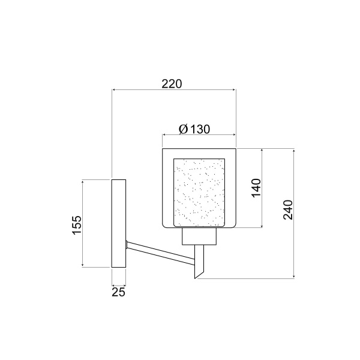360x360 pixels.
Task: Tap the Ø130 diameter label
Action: click(194, 129)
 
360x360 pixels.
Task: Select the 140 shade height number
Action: click(256, 188)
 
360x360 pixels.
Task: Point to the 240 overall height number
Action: click(288, 209)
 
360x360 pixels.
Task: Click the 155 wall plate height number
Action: click(76, 224)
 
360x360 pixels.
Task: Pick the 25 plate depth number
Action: click(118, 292)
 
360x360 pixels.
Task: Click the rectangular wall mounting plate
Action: click(119, 223)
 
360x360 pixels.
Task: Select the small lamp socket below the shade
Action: click(199, 238)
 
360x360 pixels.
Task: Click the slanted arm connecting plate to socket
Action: click(160, 251)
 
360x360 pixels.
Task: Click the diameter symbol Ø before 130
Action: click(183, 129)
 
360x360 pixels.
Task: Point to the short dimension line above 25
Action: click(119, 284)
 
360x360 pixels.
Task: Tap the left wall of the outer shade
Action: click(163, 188)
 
